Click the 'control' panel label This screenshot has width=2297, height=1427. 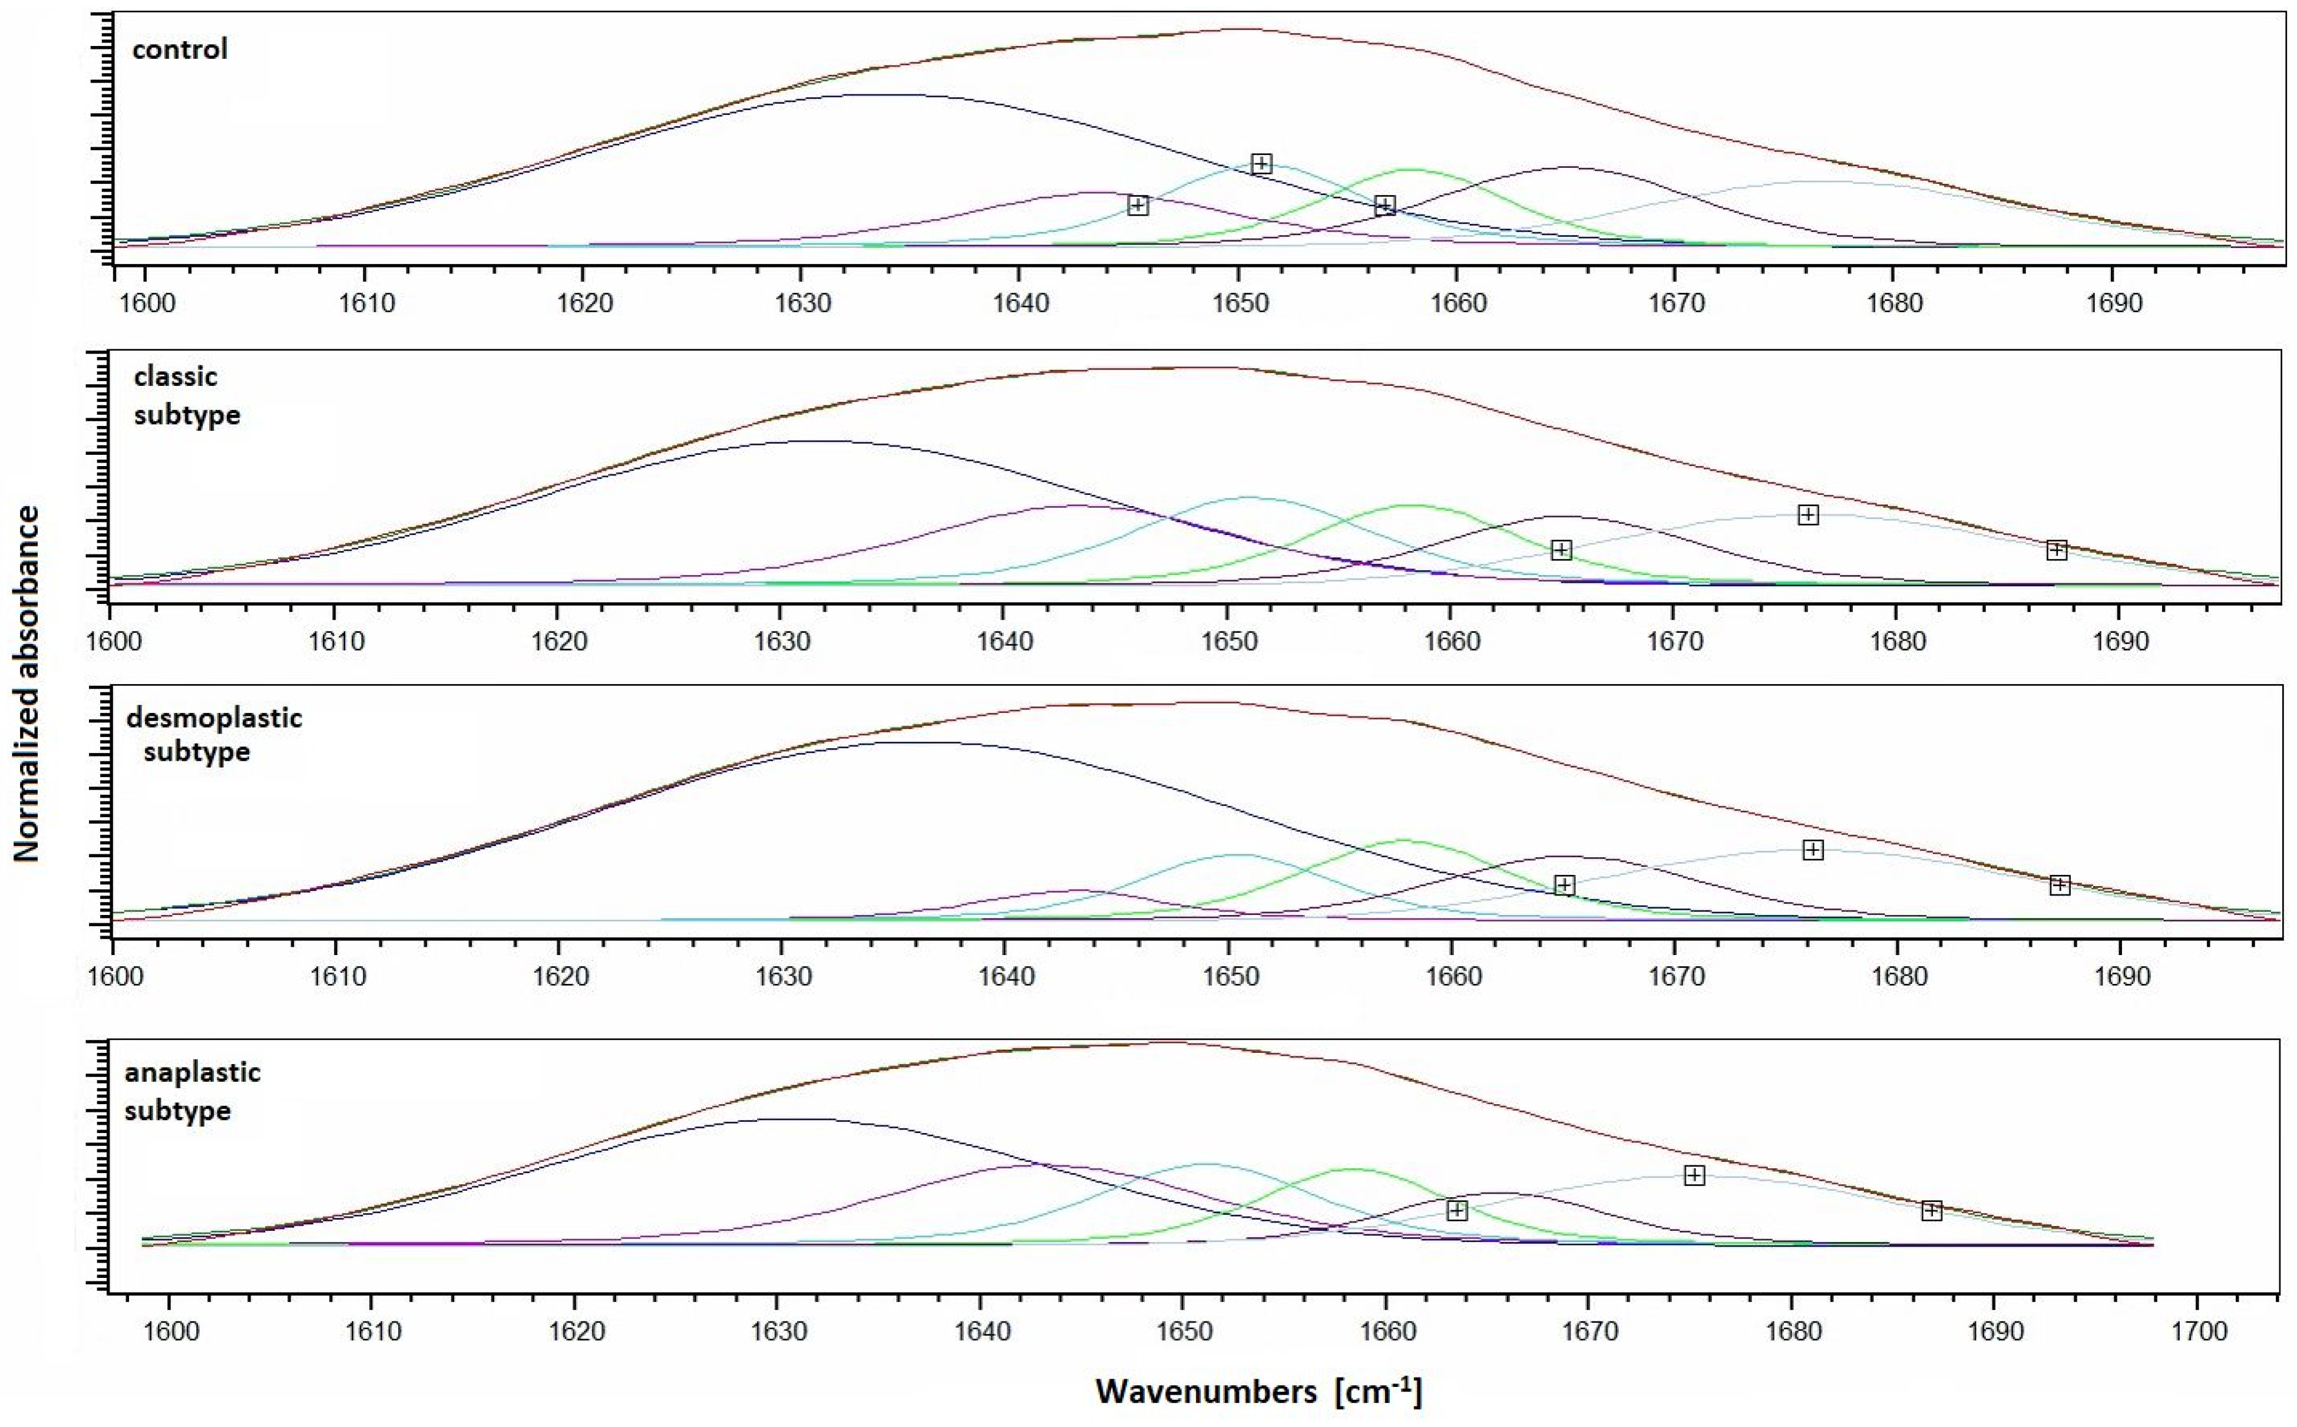point(179,49)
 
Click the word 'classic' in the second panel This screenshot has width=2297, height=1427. point(176,376)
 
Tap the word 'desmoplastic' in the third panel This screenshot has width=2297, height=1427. point(214,718)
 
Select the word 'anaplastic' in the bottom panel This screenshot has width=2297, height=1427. point(193,1072)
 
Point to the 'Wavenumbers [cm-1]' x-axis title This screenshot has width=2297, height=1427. point(1258,1391)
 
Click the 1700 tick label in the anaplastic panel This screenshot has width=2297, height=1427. point(2199,1332)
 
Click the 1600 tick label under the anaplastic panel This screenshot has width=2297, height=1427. point(170,1332)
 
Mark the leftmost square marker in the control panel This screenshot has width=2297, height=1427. point(1138,206)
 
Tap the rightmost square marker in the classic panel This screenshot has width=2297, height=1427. point(2057,550)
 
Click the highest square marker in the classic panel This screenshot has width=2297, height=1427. point(1807,514)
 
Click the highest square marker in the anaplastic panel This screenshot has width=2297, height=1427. point(1694,1175)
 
